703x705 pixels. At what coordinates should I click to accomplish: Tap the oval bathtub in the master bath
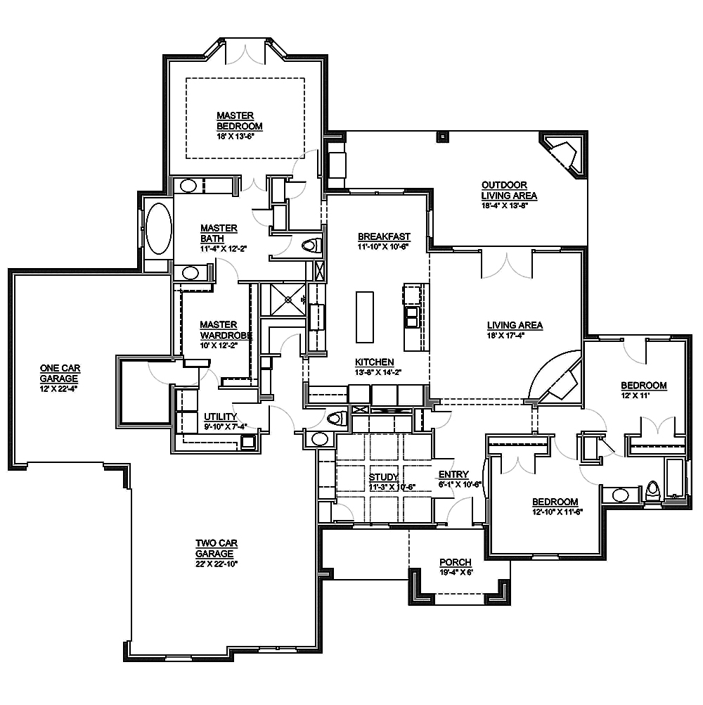click(157, 229)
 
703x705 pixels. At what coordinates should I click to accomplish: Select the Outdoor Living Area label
click(509, 190)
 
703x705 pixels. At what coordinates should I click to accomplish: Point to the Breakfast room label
click(384, 236)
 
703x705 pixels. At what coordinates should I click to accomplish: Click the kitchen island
click(364, 317)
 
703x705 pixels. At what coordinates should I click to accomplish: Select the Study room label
click(384, 478)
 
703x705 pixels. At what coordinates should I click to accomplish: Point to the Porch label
click(455, 562)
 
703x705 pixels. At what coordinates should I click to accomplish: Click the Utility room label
click(220, 416)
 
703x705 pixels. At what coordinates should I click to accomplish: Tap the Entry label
click(453, 475)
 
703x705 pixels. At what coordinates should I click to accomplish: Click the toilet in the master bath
click(311, 246)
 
